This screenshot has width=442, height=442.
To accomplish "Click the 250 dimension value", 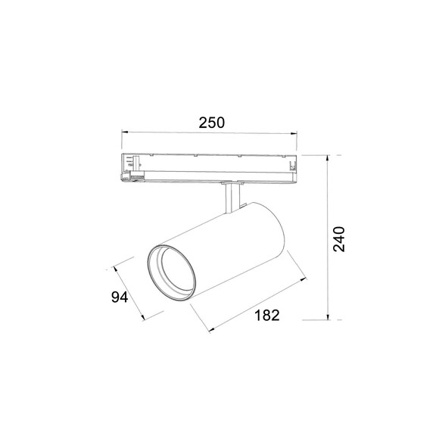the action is click(212, 123).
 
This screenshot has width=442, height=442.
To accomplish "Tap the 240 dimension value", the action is click(338, 239).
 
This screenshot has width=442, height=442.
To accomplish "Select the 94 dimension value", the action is click(120, 297).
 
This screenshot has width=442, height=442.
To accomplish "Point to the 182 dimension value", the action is click(266, 315).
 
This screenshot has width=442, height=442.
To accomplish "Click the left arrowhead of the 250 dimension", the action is click(125, 132).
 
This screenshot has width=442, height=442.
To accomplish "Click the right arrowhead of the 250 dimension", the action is click(294, 134).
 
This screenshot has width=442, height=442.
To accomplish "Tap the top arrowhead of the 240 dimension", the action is click(328, 158).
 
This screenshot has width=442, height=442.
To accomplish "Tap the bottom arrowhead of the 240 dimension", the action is click(328, 316).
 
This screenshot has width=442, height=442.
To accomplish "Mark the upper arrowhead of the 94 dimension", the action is click(115, 269).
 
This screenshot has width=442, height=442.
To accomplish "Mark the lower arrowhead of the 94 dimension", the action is click(142, 317).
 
